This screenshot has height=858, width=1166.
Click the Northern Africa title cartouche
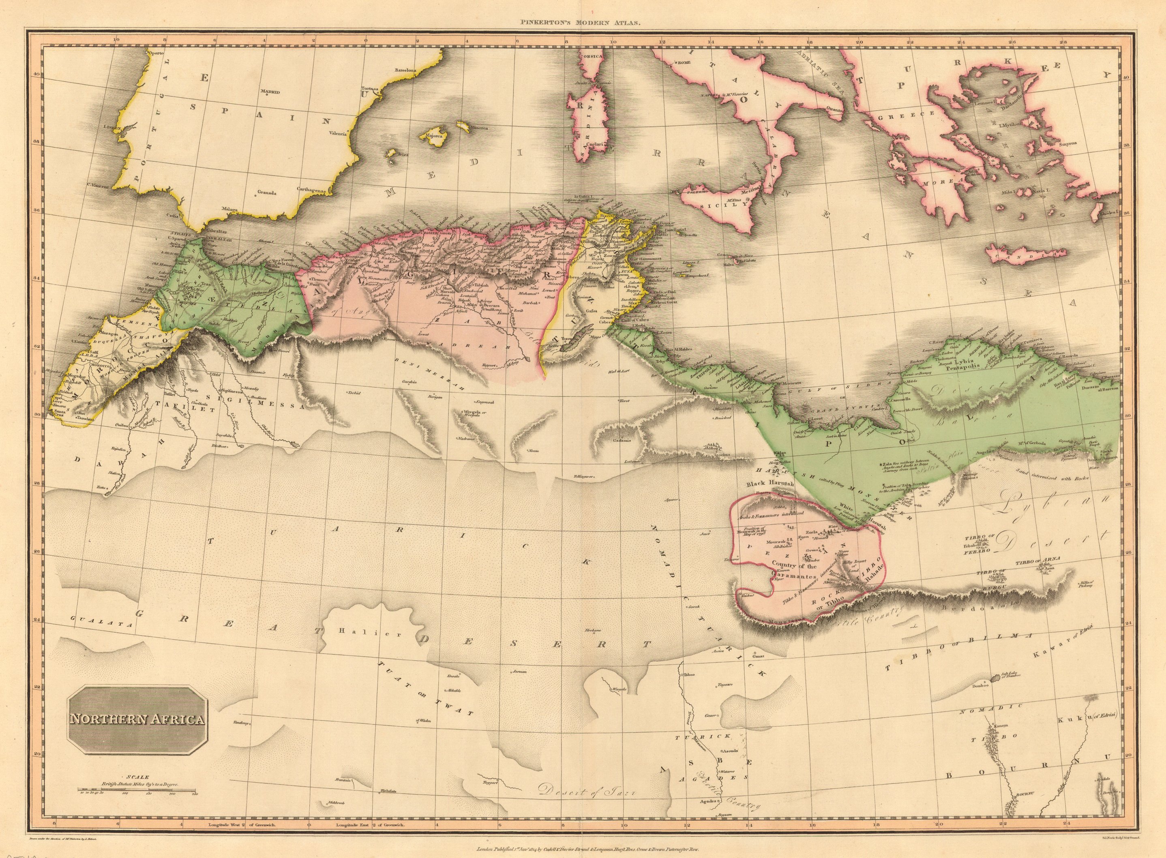[x=138, y=719]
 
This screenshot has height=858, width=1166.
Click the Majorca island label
[x=435, y=137]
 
